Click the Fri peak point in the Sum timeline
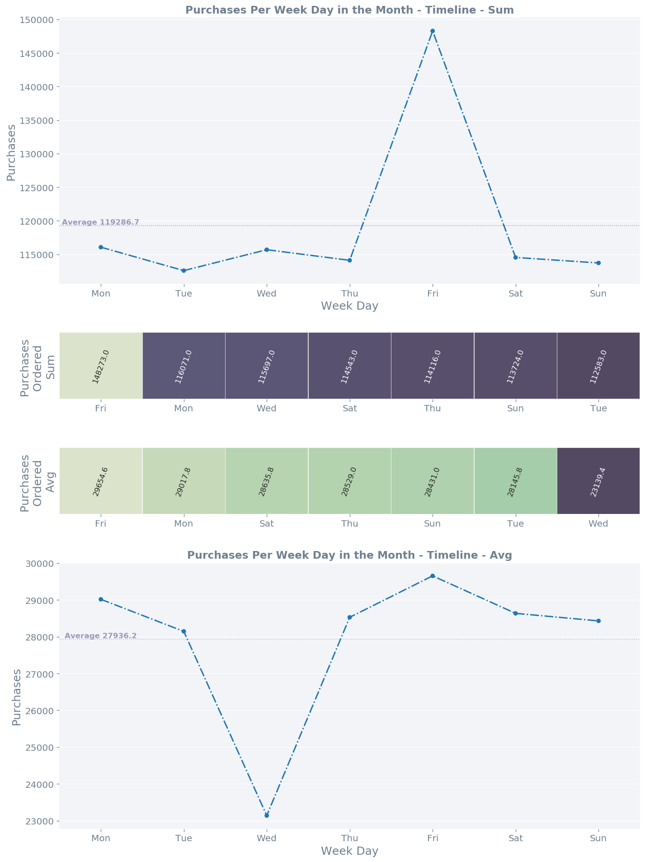pos(433,31)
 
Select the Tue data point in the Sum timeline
pos(184,271)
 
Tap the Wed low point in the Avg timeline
pos(267,815)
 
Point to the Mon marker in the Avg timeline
pos(101,599)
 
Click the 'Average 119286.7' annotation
pos(100,222)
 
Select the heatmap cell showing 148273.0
pos(101,366)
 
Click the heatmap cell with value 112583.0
pos(598,366)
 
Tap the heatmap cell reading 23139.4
pos(598,481)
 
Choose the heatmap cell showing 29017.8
pos(184,481)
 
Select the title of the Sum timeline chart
pos(349,10)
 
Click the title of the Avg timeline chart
pos(349,556)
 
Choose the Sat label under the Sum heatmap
pos(349,409)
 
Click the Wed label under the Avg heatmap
pos(598,524)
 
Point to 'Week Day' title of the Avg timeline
pos(349,851)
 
